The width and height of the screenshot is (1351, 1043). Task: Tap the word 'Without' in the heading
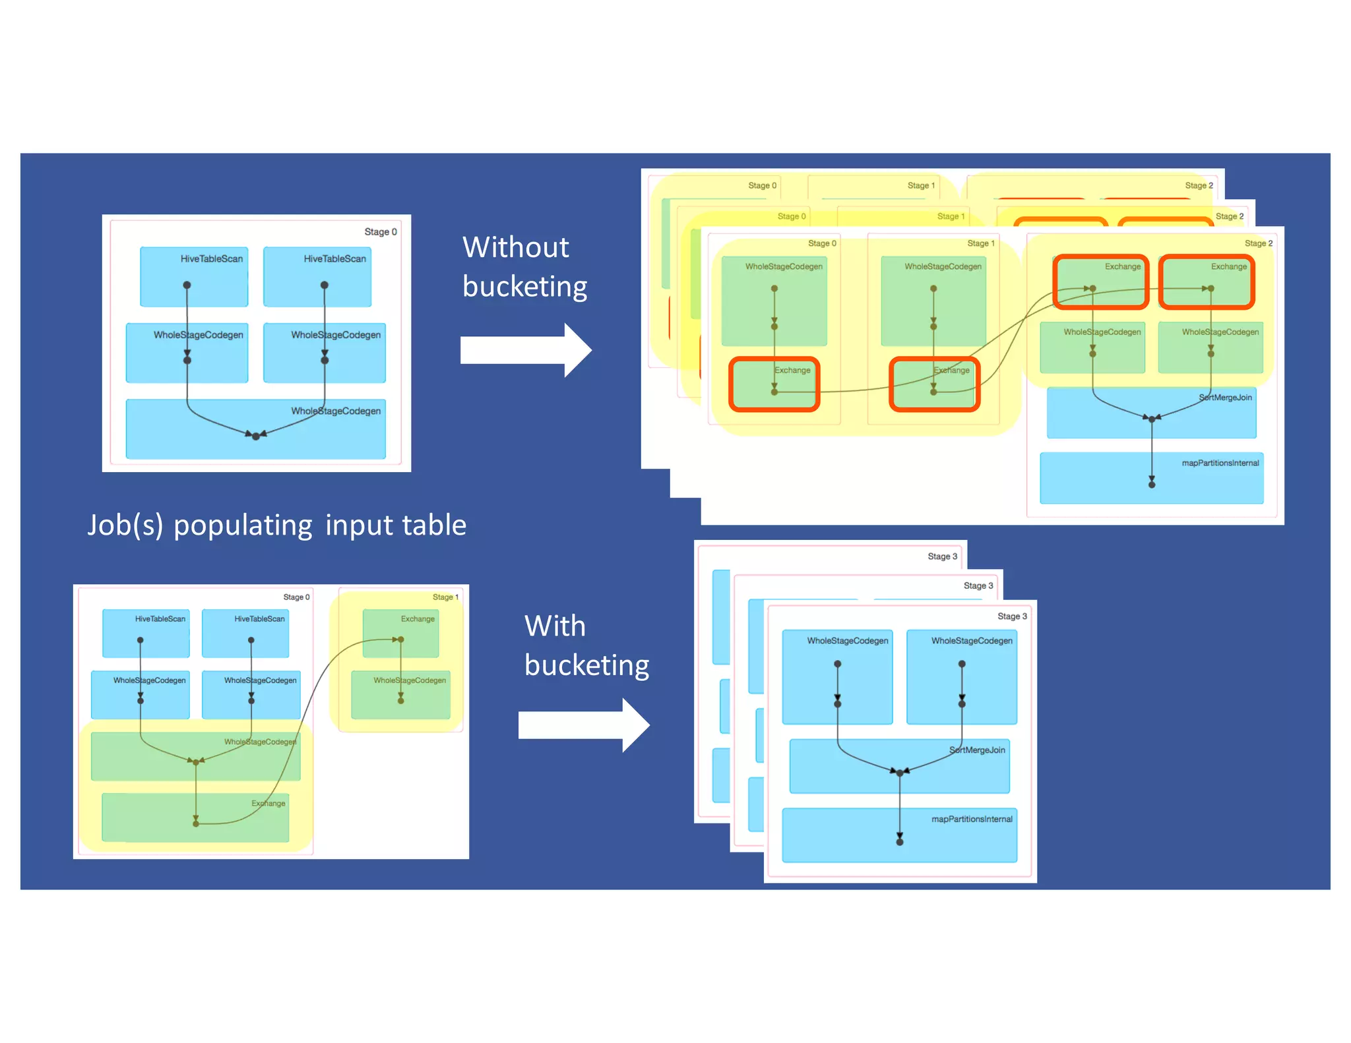(x=515, y=248)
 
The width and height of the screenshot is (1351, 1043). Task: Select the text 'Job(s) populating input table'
(x=277, y=525)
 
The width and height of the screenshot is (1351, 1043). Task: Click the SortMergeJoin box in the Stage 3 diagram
(x=899, y=765)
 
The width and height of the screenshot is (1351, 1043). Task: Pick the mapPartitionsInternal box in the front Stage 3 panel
(x=899, y=835)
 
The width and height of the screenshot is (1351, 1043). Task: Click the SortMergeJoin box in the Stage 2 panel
(x=1151, y=413)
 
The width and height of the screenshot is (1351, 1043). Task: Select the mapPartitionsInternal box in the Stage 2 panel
(x=1151, y=478)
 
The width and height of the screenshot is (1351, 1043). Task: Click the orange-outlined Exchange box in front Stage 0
(x=774, y=384)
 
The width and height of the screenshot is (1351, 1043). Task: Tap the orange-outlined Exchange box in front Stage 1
(x=934, y=384)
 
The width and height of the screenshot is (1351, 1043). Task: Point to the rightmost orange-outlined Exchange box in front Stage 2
(x=1207, y=282)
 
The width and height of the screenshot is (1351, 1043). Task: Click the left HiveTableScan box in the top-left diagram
(x=194, y=277)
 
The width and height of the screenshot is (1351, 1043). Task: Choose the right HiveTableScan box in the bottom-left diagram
(x=245, y=633)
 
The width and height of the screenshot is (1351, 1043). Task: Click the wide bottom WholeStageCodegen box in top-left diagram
(x=256, y=429)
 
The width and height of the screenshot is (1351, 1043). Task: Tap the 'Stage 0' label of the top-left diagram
(x=381, y=232)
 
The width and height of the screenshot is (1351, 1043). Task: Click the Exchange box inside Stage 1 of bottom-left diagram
(x=400, y=633)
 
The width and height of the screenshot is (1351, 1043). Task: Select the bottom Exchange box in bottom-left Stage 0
(x=195, y=818)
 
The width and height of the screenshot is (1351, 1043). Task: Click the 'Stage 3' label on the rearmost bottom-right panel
(x=942, y=556)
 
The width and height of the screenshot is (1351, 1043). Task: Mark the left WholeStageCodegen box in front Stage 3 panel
(x=837, y=677)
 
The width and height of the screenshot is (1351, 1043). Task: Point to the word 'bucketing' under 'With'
(x=586, y=665)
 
